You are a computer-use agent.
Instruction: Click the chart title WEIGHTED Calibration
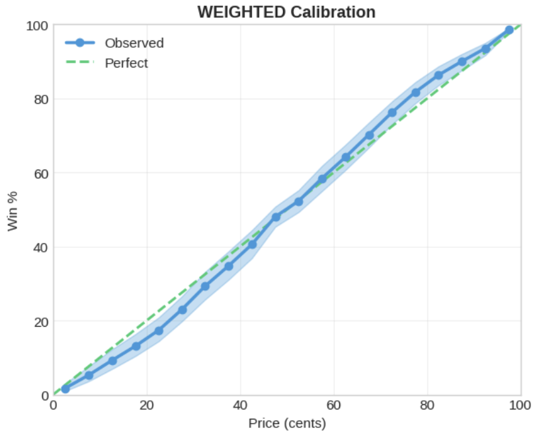[286, 12]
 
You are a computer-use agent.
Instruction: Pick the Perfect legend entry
[126, 64]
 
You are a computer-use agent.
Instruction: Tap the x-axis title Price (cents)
[287, 423]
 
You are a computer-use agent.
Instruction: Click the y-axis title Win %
[13, 211]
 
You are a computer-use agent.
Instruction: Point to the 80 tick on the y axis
[41, 99]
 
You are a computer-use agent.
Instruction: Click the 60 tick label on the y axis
[41, 174]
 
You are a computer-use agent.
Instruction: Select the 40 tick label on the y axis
[41, 247]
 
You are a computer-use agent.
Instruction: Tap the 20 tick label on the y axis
[41, 321]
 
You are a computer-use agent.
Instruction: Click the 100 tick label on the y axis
[38, 26]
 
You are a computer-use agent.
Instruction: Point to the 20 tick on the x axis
[147, 406]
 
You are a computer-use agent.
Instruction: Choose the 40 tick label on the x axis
[241, 406]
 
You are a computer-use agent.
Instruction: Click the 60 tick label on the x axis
[334, 406]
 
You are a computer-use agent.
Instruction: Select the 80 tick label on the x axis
[427, 406]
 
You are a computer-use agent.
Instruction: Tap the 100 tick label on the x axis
[520, 406]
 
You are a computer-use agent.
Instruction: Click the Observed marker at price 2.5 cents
[65, 389]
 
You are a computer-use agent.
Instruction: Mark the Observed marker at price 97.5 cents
[509, 30]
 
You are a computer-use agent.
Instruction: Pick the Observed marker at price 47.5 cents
[276, 217]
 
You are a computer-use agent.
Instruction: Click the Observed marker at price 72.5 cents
[392, 113]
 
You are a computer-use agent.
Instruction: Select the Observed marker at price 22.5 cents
[159, 331]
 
